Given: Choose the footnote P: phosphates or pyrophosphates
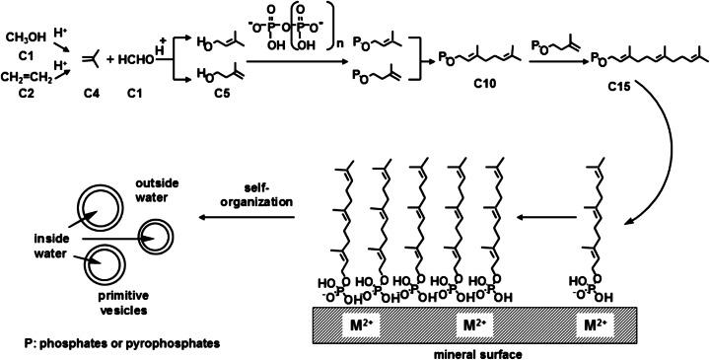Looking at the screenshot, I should pyautogui.click(x=112, y=342).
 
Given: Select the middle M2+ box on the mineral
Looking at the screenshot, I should pyautogui.click(x=474, y=323).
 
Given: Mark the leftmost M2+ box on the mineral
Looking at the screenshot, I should pyautogui.click(x=356, y=323).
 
